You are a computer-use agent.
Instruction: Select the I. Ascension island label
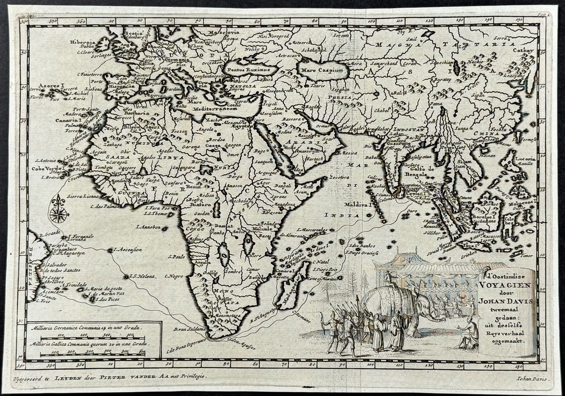coord(127,249)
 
